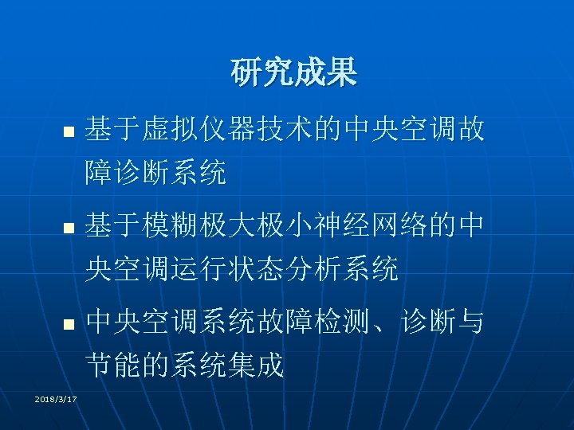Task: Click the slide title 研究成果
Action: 294,73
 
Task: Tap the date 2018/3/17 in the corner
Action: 56,399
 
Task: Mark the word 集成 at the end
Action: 258,367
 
